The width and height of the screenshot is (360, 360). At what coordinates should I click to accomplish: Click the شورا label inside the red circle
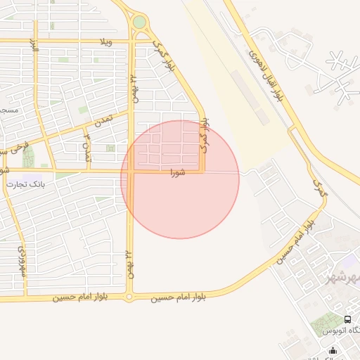pos(177,172)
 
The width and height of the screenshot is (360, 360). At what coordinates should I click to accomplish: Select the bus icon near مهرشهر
pos(347,319)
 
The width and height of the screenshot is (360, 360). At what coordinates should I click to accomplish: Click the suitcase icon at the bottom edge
pos(333,350)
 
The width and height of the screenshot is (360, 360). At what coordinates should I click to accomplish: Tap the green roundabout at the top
pos(140,22)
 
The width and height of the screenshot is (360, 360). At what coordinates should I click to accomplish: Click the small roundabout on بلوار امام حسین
pos(129,297)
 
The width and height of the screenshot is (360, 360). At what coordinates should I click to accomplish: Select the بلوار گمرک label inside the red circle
pos(205,136)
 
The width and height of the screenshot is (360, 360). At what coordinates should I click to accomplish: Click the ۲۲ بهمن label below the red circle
pos(129,262)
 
